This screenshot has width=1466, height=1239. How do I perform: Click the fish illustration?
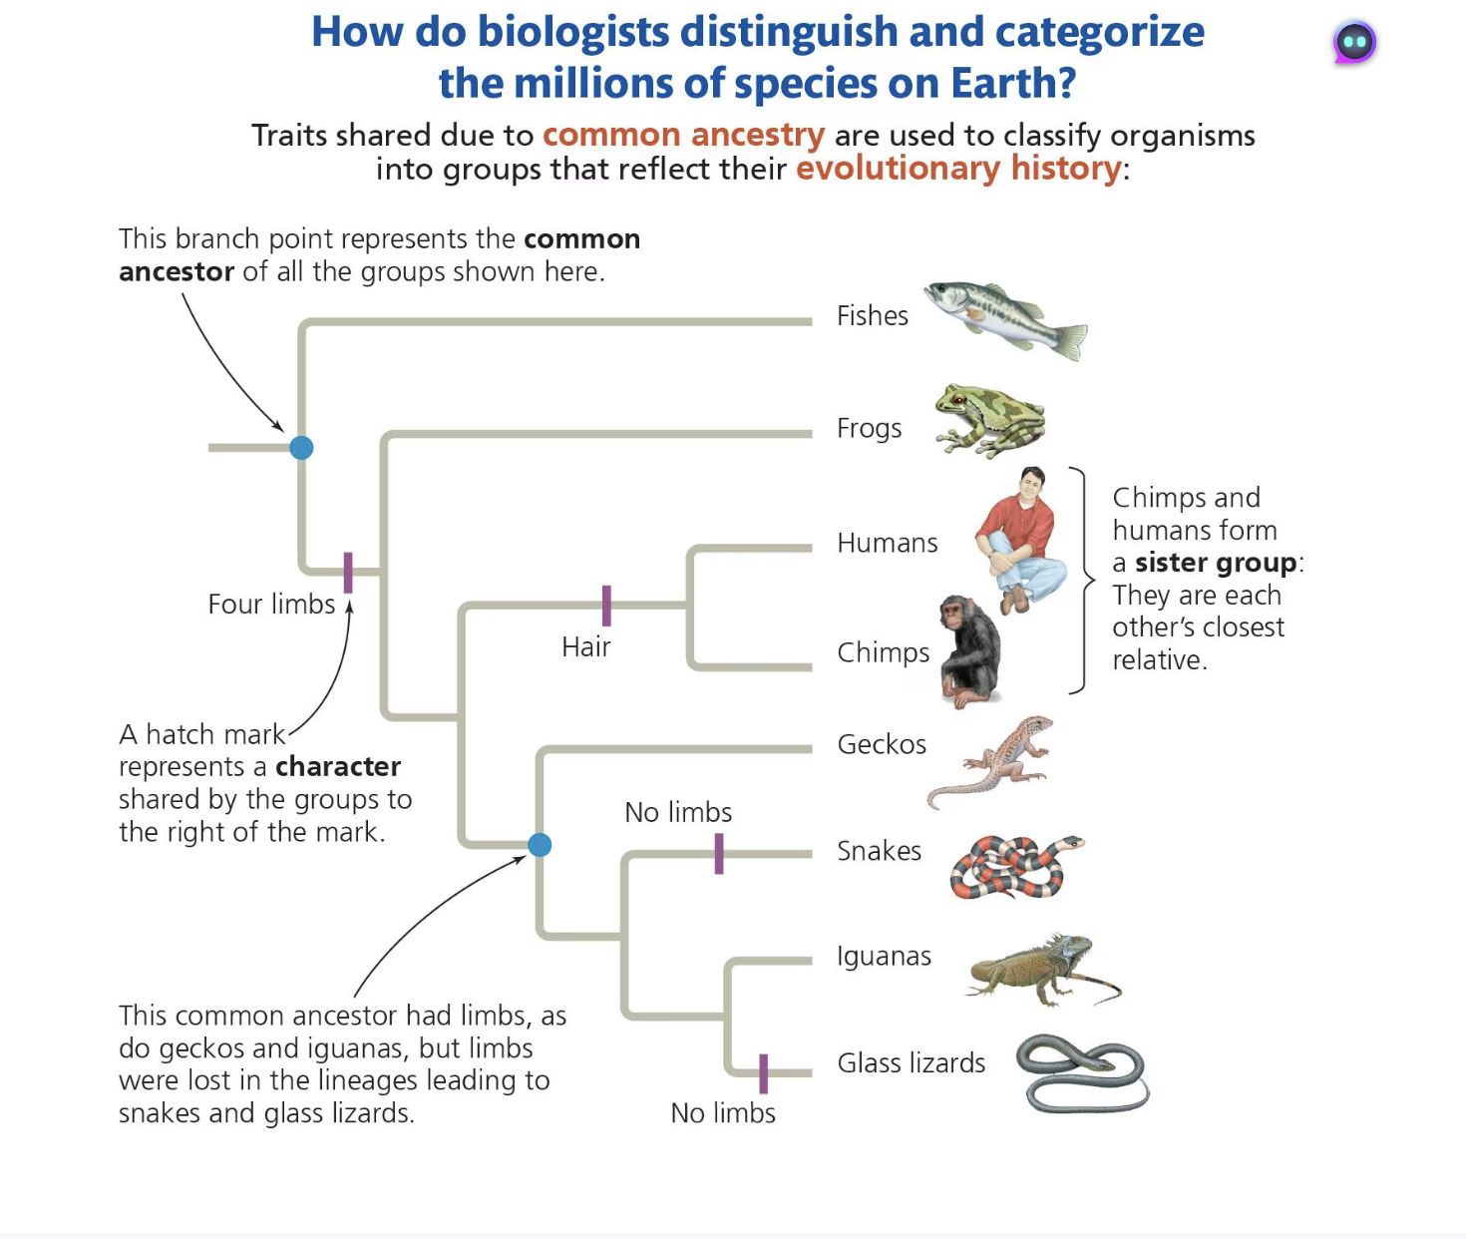pos(1005,317)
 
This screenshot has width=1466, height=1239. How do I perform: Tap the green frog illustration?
pos(989,420)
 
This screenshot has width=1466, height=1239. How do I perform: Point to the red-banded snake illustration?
pos(1012,866)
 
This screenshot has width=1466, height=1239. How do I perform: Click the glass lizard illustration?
pos(1083,1073)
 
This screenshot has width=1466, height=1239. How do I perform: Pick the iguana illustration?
pos(1042,968)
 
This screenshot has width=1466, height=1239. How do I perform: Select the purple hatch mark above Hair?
pos(606,606)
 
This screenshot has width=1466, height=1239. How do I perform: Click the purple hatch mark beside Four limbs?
pos(348,573)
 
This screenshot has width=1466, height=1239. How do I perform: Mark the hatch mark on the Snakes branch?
pos(719,854)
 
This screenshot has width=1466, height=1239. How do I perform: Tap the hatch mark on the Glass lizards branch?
pos(764,1073)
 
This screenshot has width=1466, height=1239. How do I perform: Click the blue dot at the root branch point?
pos(301,448)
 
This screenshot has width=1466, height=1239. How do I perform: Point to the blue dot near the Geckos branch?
pos(540,845)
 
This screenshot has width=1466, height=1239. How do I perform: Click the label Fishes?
pos(873,316)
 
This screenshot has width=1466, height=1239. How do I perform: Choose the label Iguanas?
pos(884,956)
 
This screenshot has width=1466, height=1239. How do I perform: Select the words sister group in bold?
pos(1216,563)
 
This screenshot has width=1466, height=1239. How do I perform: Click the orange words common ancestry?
pos(683,135)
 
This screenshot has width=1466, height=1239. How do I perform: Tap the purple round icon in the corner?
pos(1354,42)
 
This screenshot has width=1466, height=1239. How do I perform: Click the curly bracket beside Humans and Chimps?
pos(1082,580)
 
